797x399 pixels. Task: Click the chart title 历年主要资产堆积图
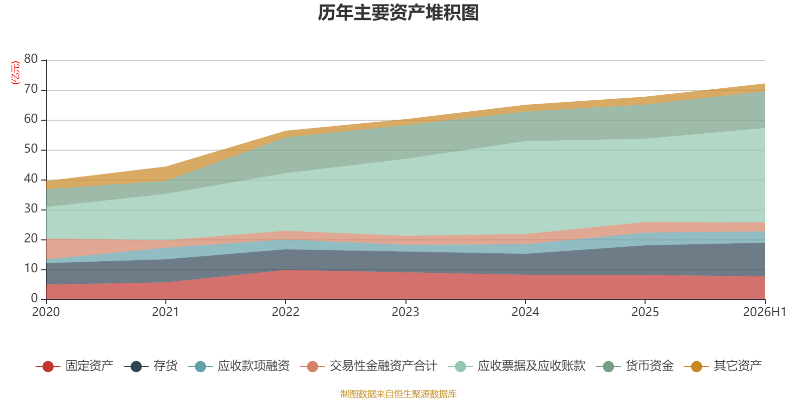click(x=398, y=13)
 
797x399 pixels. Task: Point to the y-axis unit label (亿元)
click(x=15, y=73)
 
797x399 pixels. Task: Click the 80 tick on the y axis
click(x=31, y=59)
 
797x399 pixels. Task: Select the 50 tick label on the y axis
click(x=31, y=149)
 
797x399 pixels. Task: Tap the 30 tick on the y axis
click(x=31, y=209)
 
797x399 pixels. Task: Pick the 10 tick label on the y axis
click(x=31, y=269)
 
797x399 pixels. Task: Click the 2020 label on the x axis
click(x=46, y=312)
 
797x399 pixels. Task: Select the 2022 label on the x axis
click(x=285, y=312)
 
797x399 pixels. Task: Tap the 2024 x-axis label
click(x=525, y=312)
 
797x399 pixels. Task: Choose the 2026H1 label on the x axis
click(x=765, y=312)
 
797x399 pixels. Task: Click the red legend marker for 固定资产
click(x=48, y=366)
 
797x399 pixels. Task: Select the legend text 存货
click(x=165, y=366)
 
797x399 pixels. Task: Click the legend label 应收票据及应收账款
click(x=531, y=366)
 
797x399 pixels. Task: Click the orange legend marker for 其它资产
click(x=696, y=366)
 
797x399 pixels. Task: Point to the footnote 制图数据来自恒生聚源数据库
click(x=398, y=394)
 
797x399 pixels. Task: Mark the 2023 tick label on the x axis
click(x=405, y=312)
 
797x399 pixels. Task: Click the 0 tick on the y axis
click(x=34, y=299)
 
